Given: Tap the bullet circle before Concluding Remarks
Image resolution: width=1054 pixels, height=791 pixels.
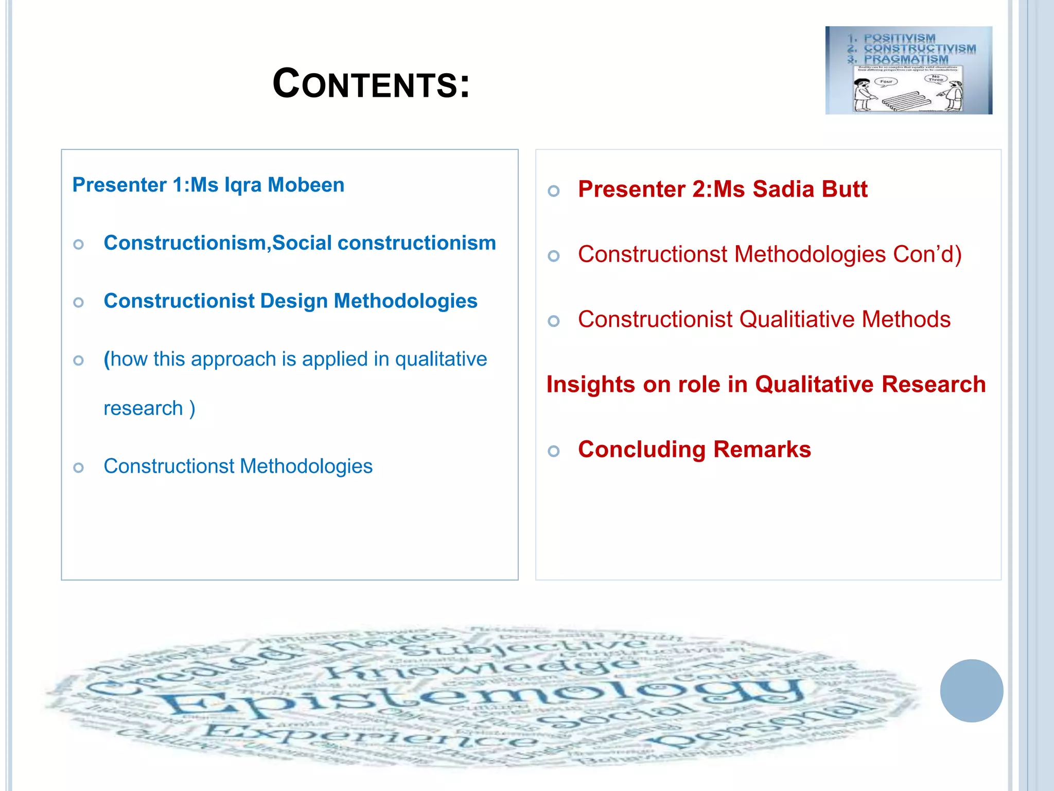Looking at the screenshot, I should pyautogui.click(x=554, y=451).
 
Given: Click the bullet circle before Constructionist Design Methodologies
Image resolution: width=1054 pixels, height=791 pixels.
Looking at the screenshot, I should pyautogui.click(x=79, y=302).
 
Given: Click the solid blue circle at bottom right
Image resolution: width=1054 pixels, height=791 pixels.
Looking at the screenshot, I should pyautogui.click(x=971, y=691).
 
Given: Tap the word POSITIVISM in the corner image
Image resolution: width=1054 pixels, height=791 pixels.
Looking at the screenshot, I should pyautogui.click(x=899, y=38).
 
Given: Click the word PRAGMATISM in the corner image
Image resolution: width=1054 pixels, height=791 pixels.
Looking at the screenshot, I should pyautogui.click(x=906, y=59).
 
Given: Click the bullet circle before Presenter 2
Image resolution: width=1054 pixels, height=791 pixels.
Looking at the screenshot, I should pyautogui.click(x=554, y=191).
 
